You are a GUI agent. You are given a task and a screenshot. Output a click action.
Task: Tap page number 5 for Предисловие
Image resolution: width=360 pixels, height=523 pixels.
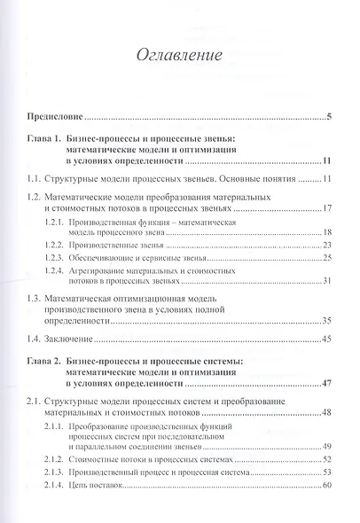coord(328,116)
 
